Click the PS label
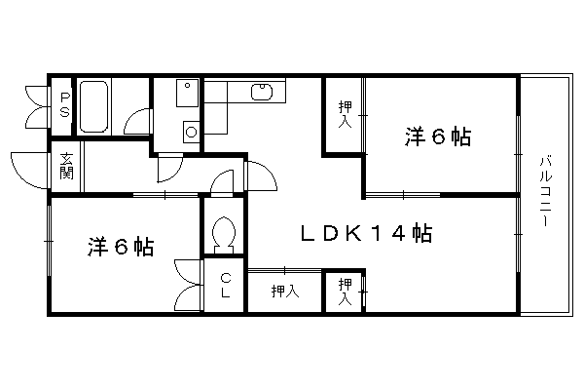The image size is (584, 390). [65, 105]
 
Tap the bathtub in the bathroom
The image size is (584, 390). [93, 106]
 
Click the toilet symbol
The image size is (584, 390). [224, 235]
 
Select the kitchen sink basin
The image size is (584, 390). [262, 93]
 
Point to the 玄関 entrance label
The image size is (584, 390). [66, 166]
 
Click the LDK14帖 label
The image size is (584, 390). [366, 234]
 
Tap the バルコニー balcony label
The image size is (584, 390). [545, 191]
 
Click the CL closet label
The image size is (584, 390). [226, 286]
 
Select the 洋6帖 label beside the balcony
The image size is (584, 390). [438, 136]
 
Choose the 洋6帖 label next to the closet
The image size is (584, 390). [121, 247]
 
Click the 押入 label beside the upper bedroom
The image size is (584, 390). [346, 114]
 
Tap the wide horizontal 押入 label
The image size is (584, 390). [285, 292]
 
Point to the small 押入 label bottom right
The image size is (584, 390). [346, 292]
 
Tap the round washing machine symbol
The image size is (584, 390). [191, 132]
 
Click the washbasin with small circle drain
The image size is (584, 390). [187, 93]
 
